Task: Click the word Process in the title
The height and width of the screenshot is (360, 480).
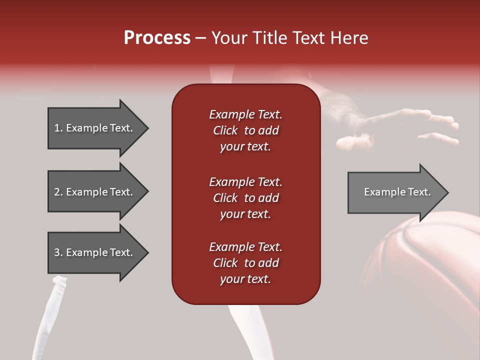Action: pyautogui.click(x=157, y=38)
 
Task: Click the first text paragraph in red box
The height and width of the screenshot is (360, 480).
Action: pyautogui.click(x=245, y=130)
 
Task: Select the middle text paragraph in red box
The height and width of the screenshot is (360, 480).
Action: pyautogui.click(x=245, y=198)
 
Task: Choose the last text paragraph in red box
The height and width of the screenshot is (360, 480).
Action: pyautogui.click(x=245, y=263)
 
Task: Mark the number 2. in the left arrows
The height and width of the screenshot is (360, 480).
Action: pyautogui.click(x=58, y=192)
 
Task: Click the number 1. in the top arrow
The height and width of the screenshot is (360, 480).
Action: pyautogui.click(x=58, y=128)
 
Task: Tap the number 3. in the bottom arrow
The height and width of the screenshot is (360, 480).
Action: pyautogui.click(x=58, y=252)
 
